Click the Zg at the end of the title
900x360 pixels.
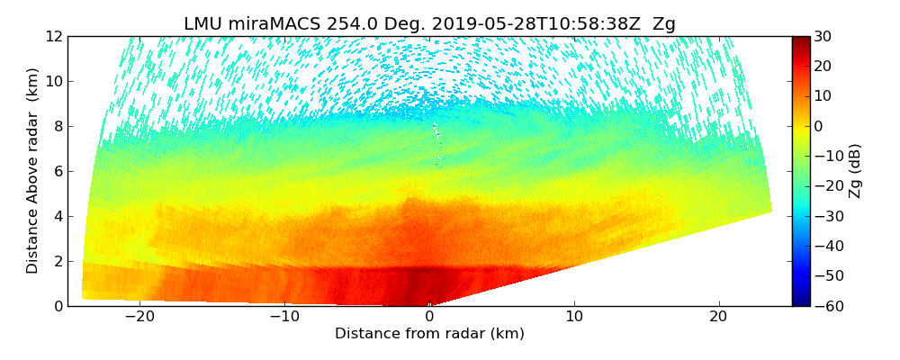point(663,24)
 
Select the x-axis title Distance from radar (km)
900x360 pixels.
point(429,334)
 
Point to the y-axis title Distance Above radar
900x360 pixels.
point(33,171)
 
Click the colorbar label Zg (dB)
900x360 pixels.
point(855,171)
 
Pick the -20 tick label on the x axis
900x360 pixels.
point(139,317)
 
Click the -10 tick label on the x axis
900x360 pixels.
point(284,317)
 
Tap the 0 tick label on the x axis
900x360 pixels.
point(429,317)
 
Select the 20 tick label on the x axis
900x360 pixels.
point(718,317)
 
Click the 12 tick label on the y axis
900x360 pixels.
point(51,36)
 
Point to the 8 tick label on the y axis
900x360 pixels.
point(55,126)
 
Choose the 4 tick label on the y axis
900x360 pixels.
point(55,216)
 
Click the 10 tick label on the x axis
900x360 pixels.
point(574,317)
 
